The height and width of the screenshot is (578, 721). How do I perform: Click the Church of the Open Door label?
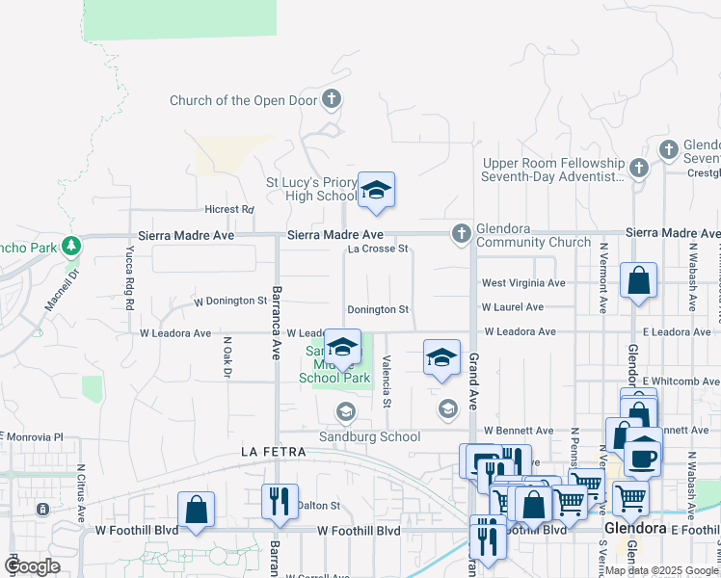pos(244,100)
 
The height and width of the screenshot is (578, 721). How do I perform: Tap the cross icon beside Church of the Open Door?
pos(332,99)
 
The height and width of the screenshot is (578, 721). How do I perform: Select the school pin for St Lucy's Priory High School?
pos(376,189)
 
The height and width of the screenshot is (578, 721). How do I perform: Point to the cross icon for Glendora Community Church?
pos(462,233)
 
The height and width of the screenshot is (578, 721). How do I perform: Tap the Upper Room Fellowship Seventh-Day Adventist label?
pos(553,171)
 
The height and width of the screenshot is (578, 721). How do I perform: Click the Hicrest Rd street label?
pos(228,209)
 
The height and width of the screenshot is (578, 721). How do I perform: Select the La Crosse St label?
pos(379,249)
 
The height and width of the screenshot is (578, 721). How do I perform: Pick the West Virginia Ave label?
pos(523,283)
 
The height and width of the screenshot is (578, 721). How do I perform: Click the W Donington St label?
pos(229,301)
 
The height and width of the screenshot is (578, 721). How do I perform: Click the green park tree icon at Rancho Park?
pos(70,245)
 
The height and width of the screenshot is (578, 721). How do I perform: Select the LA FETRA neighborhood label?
pos(274,452)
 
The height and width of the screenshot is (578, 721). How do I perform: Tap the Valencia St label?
pos(386,381)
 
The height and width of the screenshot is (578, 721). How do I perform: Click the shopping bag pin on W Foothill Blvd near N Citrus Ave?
pos(196,510)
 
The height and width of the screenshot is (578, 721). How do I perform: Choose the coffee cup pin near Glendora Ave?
pos(643,457)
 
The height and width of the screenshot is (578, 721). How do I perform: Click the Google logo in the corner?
pos(33,566)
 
